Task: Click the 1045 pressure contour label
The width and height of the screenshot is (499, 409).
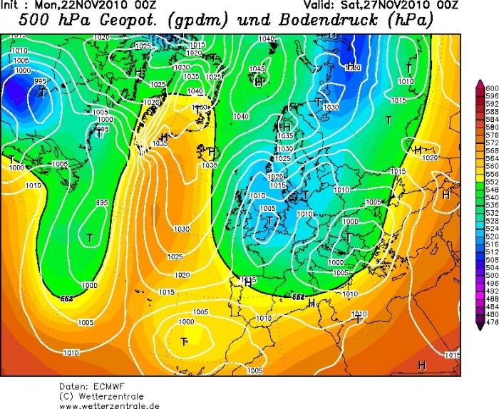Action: coord(256,68)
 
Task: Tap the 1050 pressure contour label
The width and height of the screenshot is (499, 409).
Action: coord(202,107)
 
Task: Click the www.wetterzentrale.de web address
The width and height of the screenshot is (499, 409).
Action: coord(109,405)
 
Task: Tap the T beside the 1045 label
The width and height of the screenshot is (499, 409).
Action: coord(258,82)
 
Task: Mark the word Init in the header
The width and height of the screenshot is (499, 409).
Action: coord(13,5)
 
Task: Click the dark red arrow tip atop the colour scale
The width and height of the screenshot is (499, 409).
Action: coord(481,82)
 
